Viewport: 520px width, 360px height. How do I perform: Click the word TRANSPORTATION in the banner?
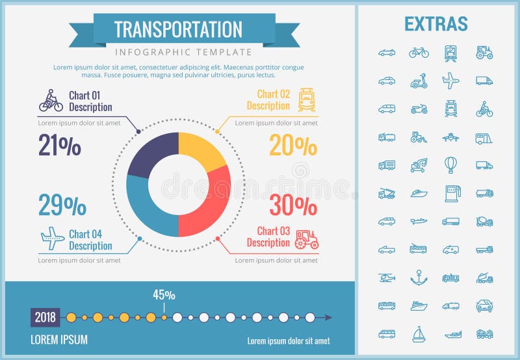[x=178, y=29]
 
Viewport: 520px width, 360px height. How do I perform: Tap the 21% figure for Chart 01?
[x=60, y=146]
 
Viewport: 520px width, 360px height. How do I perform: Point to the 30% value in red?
[x=293, y=205]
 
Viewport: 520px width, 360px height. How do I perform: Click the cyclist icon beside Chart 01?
[x=51, y=101]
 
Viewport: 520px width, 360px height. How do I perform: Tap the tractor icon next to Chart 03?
[x=306, y=238]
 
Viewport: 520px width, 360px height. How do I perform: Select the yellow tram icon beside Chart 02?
[x=306, y=100]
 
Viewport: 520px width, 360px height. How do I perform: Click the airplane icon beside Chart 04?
[x=52, y=238]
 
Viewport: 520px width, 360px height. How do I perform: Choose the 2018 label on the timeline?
[x=45, y=318]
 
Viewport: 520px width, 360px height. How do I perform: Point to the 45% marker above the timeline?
[x=164, y=295]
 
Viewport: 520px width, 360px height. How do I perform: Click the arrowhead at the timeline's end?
[x=329, y=318]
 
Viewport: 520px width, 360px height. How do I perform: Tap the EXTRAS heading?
[x=435, y=25]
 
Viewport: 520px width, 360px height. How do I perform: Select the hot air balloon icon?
[x=450, y=164]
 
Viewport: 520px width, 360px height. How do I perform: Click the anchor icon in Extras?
[x=419, y=277]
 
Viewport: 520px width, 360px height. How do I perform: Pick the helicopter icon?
[x=387, y=277]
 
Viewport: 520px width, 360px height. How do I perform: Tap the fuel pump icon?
[x=450, y=192]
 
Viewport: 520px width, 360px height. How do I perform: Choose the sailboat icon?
[x=419, y=334]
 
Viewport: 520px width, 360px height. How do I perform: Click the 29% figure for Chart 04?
[x=62, y=205]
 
